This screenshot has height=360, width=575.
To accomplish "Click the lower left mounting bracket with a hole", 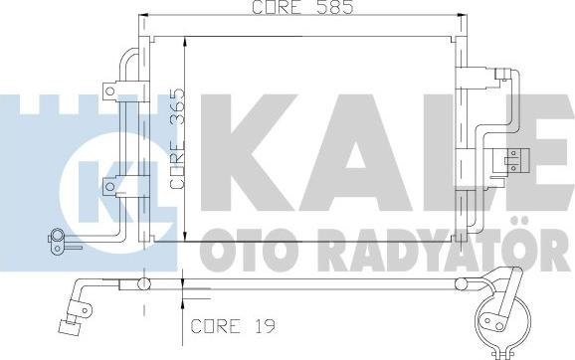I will click(109, 183).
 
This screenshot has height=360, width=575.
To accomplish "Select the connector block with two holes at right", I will click(514, 156).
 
